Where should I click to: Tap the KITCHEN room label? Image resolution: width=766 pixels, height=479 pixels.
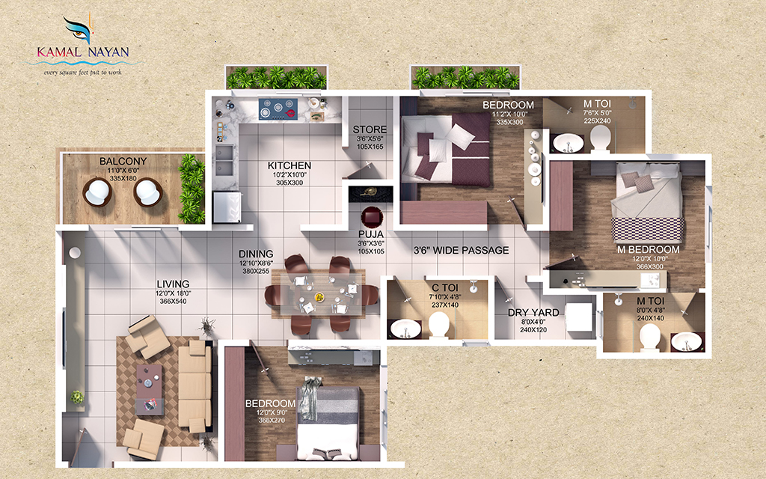point(289,165)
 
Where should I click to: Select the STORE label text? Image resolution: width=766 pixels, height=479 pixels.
point(370,129)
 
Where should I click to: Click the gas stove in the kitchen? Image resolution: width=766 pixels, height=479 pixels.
point(278,109)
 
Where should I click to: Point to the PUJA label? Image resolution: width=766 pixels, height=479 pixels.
point(371,234)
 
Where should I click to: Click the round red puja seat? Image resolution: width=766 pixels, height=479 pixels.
point(372,216)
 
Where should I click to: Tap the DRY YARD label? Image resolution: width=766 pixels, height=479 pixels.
point(533,312)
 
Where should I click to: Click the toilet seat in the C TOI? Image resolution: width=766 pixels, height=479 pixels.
point(438,325)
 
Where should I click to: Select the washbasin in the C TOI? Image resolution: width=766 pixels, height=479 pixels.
point(405,328)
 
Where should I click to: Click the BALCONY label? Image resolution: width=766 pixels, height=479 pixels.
point(123,162)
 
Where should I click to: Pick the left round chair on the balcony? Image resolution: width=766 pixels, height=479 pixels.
point(97,192)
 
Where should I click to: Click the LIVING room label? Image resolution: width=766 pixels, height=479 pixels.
point(173,284)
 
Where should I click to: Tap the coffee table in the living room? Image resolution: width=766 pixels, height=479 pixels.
point(150,389)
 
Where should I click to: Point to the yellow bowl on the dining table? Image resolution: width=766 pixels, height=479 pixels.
point(319,296)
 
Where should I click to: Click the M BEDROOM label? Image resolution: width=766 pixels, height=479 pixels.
point(649,250)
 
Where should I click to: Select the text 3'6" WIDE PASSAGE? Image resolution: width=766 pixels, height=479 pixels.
point(461,250)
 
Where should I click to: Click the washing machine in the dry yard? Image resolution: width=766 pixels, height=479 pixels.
point(579,318)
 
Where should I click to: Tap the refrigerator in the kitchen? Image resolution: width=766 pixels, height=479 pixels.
point(227,207)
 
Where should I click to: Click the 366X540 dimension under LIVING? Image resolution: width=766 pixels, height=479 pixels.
point(173,302)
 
